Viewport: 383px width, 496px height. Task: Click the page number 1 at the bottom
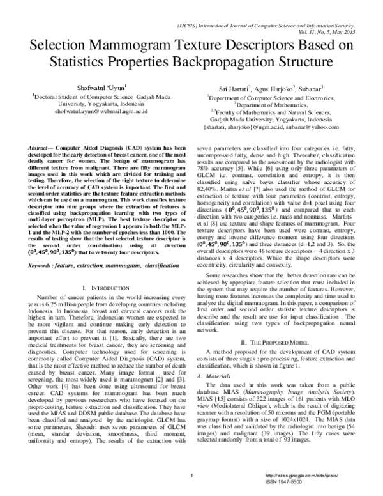[x=191, y=476]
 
